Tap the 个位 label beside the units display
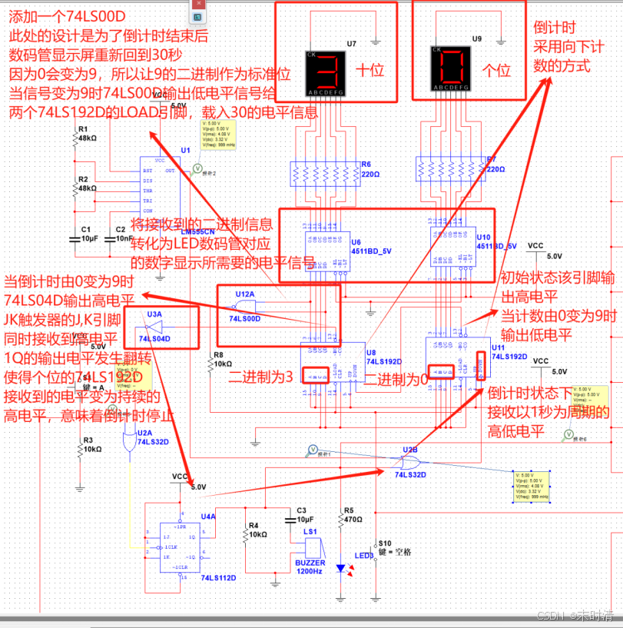click(495, 71)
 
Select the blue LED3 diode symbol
click(340, 568)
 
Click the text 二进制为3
click(260, 377)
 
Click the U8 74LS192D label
click(381, 355)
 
